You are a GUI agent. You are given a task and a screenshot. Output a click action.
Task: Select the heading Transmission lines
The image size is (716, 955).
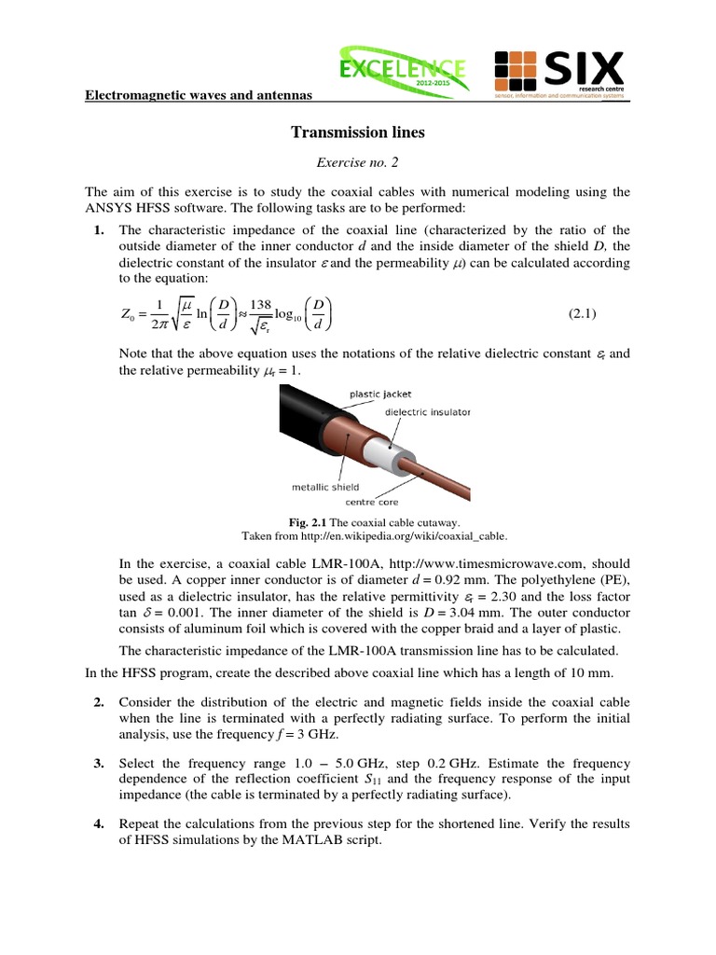[x=358, y=132]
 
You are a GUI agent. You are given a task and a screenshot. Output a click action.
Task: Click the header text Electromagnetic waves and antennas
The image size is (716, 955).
[x=199, y=95]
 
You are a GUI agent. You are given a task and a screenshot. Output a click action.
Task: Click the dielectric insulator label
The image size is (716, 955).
[x=428, y=411]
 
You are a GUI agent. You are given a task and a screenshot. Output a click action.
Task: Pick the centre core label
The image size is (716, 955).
[x=373, y=502]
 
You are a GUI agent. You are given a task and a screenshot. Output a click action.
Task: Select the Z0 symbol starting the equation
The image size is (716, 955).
[x=131, y=316]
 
